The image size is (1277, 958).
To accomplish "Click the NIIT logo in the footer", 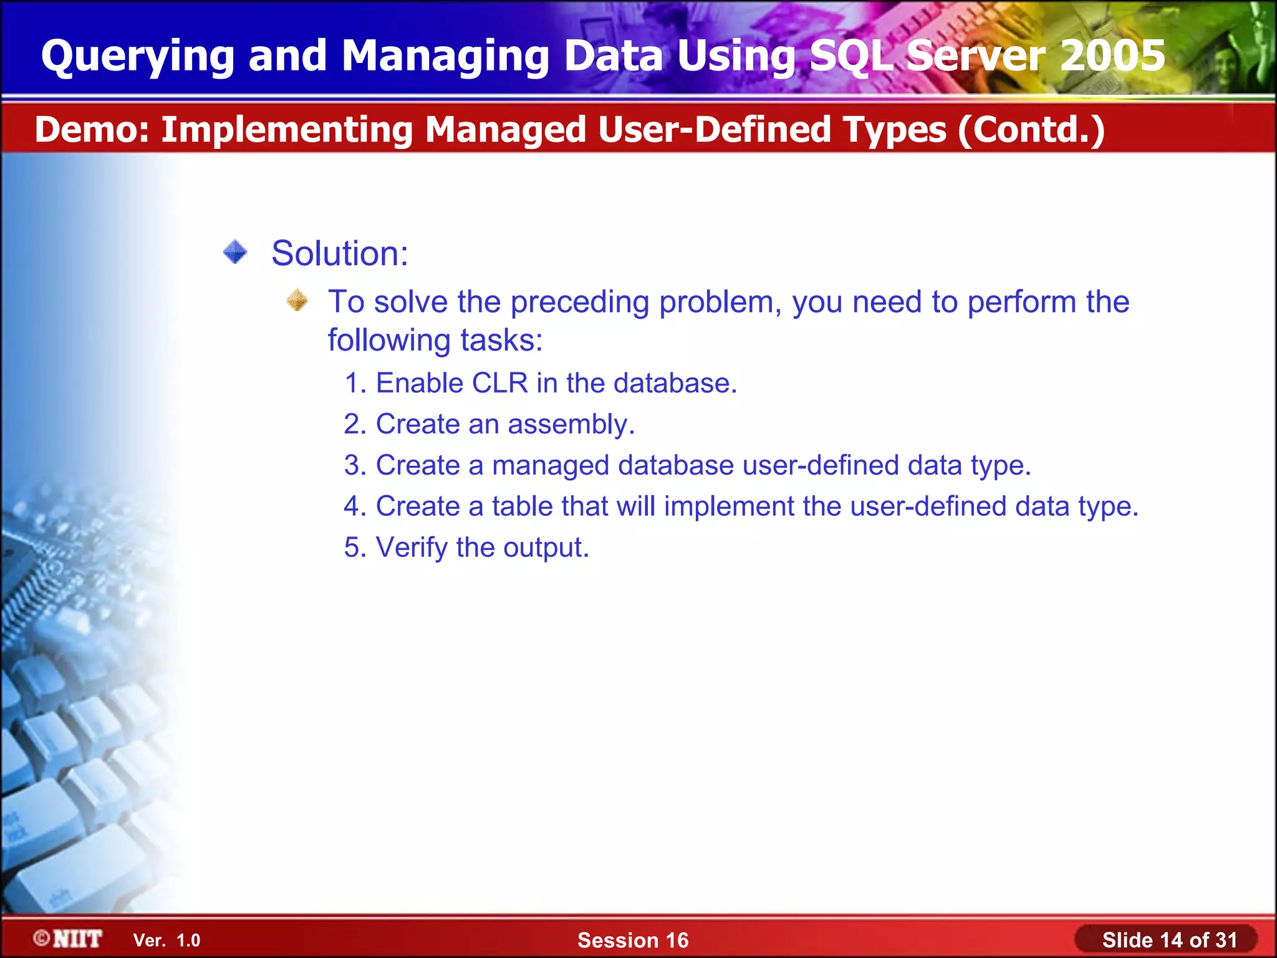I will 69,939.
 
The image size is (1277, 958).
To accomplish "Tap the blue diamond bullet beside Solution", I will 235,253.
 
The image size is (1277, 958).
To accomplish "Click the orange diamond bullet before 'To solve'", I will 297,301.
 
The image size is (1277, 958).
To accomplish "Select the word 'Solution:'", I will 340,253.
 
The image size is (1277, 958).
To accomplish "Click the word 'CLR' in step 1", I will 500,383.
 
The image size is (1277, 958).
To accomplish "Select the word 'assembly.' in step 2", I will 571,425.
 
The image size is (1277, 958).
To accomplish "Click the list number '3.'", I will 355,465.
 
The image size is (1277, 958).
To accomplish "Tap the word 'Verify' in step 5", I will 412,548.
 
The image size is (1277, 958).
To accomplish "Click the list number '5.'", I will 355,548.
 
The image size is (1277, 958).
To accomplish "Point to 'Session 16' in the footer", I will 633,940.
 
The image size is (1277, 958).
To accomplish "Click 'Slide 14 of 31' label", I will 1169,940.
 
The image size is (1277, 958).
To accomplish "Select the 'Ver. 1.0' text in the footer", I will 166,940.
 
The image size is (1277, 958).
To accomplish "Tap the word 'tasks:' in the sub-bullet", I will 501,341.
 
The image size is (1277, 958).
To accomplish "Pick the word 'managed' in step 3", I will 551,466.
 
